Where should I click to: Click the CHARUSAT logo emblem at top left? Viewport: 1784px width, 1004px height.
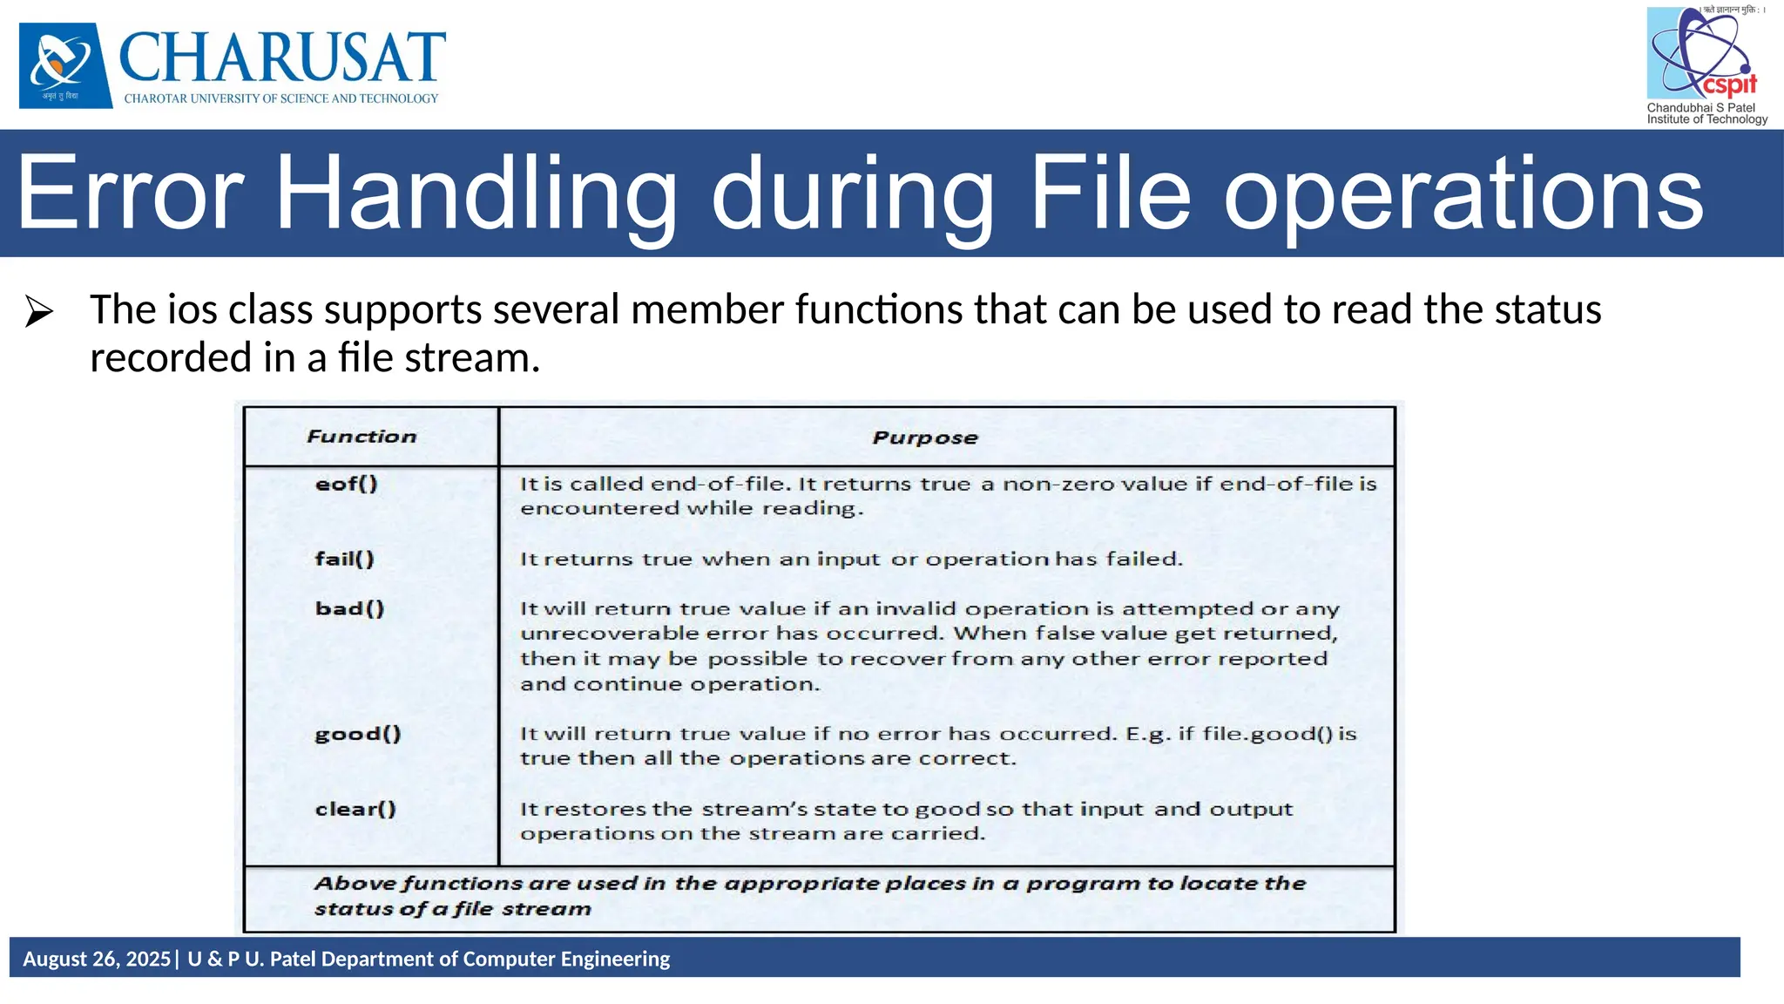[65, 65]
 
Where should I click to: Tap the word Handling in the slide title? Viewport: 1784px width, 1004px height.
[476, 193]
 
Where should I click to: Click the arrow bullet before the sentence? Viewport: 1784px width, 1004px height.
[39, 311]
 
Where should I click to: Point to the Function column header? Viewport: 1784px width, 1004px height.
[362, 437]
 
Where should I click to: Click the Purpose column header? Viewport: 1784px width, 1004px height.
[925, 438]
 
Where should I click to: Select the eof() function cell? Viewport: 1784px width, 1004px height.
[346, 484]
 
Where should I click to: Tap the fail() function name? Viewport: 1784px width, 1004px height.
[344, 559]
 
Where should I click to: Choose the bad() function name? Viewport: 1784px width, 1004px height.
[349, 608]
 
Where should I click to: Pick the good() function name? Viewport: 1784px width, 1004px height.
[358, 734]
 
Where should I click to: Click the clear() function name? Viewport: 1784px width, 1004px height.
[355, 809]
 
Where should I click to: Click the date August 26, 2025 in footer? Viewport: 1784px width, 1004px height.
[97, 959]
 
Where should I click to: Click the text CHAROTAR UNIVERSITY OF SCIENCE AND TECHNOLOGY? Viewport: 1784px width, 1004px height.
[281, 98]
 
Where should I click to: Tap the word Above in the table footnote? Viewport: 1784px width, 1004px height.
[355, 884]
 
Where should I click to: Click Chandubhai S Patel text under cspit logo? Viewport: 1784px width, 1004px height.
[1700, 107]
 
